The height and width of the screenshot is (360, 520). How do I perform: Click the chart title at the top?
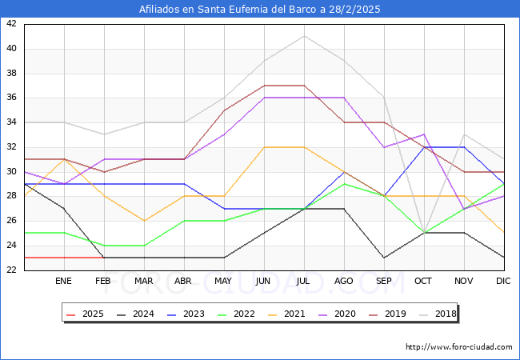[x=260, y=10]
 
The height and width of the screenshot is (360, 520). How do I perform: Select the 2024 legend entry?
[x=141, y=314]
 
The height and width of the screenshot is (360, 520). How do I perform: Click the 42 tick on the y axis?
[x=11, y=24]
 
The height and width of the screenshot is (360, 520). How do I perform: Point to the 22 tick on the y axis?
[x=11, y=270]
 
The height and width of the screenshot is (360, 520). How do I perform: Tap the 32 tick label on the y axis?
[x=11, y=147]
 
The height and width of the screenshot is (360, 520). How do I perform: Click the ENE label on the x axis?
[x=63, y=282]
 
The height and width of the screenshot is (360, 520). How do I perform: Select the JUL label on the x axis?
[x=303, y=282]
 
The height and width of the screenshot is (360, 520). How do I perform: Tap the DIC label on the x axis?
[x=503, y=282]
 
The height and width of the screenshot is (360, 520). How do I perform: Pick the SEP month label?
[x=383, y=282]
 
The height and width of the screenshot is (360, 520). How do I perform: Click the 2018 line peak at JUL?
[x=304, y=36]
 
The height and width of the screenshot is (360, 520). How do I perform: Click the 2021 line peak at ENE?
[x=64, y=159]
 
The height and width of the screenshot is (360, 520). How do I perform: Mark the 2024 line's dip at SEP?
[x=384, y=258]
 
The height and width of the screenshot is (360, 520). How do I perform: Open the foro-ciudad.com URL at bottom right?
[x=458, y=346]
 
